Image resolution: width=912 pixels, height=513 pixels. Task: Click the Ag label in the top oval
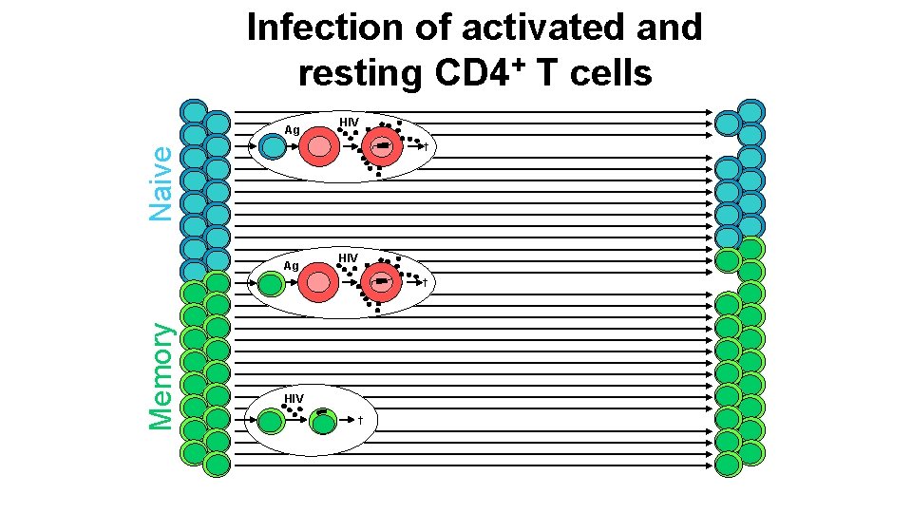pyautogui.click(x=293, y=130)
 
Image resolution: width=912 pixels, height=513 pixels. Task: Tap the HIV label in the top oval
pyautogui.click(x=349, y=122)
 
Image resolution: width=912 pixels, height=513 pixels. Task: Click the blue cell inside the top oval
pyautogui.click(x=273, y=147)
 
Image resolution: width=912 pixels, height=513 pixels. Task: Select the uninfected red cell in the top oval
pyautogui.click(x=319, y=147)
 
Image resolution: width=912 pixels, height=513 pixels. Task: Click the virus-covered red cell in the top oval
pyautogui.click(x=382, y=147)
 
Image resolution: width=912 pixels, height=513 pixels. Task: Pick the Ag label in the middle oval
pyautogui.click(x=293, y=266)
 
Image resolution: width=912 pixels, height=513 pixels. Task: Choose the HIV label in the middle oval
pyautogui.click(x=349, y=258)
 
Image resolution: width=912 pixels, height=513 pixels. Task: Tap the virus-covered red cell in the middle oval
pyautogui.click(x=382, y=283)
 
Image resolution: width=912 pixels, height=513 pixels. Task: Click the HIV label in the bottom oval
pyautogui.click(x=294, y=397)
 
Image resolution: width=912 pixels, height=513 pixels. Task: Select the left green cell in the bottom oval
pyautogui.click(x=272, y=421)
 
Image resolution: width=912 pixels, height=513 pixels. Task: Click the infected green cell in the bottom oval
pyautogui.click(x=323, y=421)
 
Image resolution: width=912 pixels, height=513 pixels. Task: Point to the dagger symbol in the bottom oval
pyautogui.click(x=361, y=420)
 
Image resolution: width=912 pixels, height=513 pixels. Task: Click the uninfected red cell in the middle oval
pyautogui.click(x=319, y=283)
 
